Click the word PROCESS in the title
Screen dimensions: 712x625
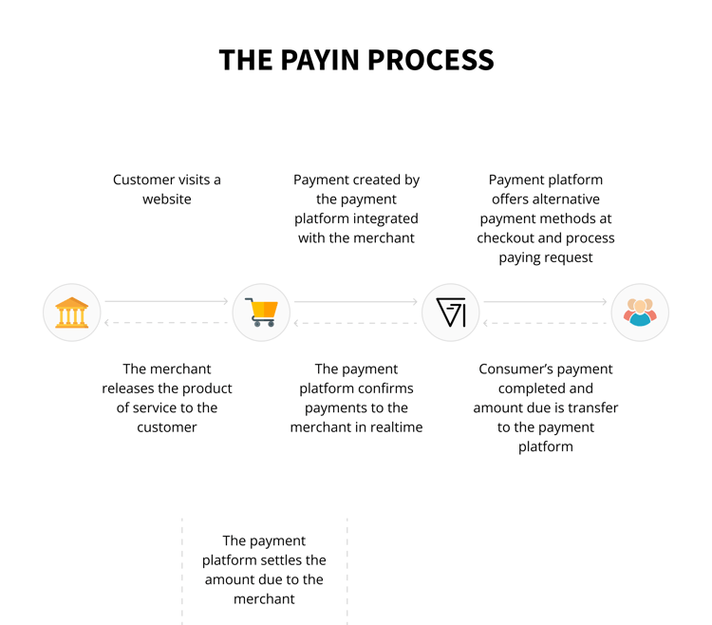430,60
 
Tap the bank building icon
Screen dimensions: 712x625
72,312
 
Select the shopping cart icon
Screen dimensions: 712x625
261,312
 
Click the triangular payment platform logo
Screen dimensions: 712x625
450,312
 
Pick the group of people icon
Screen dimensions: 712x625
640,312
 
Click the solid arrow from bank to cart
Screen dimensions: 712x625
166,301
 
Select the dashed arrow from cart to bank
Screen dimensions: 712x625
166,323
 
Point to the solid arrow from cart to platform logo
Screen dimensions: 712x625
356,302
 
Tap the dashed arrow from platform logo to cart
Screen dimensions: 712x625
356,323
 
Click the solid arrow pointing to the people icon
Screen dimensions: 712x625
545,302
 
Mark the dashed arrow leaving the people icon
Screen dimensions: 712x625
545,323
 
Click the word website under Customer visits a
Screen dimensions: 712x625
167,199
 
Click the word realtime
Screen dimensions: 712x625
397,427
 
